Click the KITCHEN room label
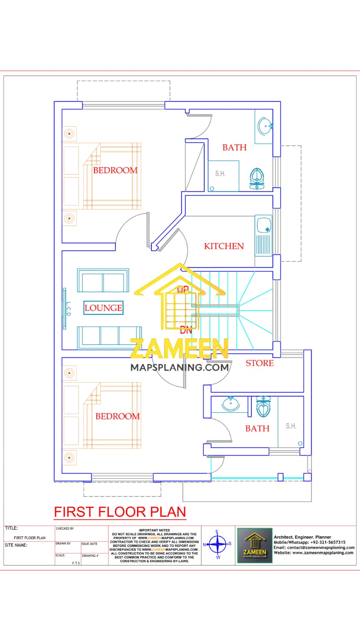(224, 246)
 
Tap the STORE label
(259, 363)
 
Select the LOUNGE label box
(103, 308)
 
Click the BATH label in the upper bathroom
(234, 147)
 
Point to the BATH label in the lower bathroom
(257, 428)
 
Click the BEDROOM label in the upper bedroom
(115, 170)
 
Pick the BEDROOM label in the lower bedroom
(117, 416)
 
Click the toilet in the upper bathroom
(257, 178)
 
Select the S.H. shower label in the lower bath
(291, 426)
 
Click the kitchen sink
(264, 225)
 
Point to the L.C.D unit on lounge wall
(65, 308)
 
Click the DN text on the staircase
(186, 331)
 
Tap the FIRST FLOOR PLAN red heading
(120, 512)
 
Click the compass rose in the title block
(218, 544)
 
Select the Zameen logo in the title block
(255, 545)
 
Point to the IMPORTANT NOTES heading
(154, 530)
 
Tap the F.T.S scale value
(76, 563)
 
